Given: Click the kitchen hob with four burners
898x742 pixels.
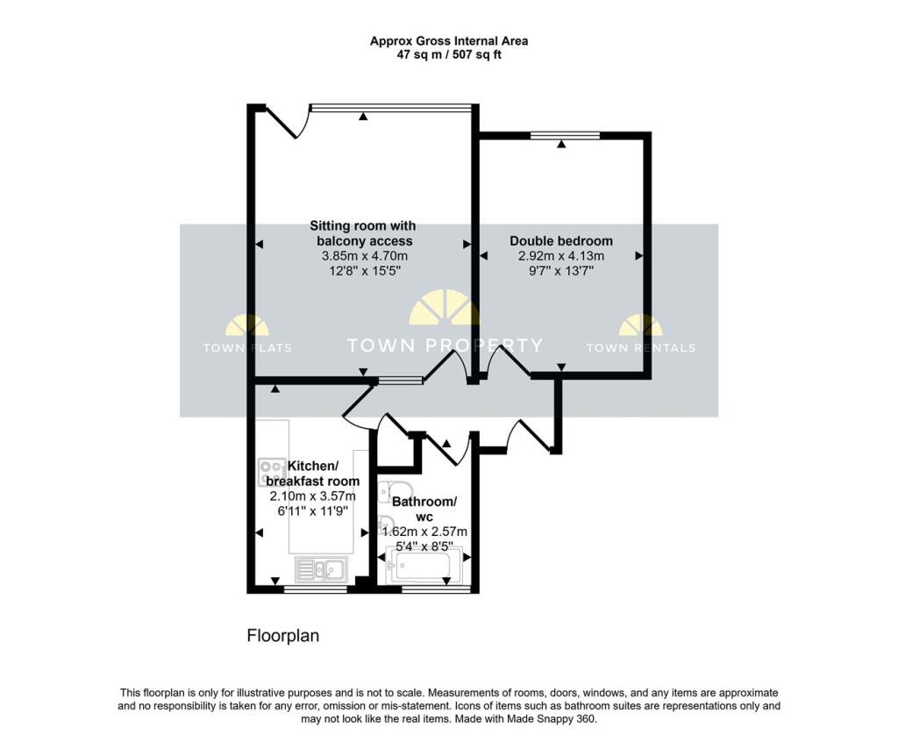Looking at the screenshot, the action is tap(272, 472).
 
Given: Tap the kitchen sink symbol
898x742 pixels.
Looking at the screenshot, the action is tap(321, 569).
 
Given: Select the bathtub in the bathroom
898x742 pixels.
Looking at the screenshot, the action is tap(424, 565).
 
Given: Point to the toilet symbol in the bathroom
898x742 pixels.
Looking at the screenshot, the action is tap(396, 492).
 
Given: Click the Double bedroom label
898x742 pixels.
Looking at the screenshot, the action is tap(561, 240).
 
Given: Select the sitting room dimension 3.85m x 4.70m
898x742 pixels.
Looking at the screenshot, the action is tap(365, 255).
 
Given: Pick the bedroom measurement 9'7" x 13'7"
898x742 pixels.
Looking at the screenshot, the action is tap(561, 270).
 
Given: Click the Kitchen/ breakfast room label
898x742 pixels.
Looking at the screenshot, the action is tap(313, 474).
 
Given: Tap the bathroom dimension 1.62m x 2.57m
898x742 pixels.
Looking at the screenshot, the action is tap(424, 532).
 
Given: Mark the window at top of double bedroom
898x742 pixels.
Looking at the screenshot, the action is tap(565, 135).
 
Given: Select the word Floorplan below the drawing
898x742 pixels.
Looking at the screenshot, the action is tap(283, 635).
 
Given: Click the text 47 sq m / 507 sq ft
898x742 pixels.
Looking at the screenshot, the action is tap(449, 55).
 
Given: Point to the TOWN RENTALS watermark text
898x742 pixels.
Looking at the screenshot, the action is tap(641, 347).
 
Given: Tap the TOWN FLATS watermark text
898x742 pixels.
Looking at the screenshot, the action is tap(247, 347).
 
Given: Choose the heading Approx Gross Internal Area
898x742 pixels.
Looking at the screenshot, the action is tap(449, 40).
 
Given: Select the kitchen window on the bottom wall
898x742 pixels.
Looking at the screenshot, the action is tap(315, 589).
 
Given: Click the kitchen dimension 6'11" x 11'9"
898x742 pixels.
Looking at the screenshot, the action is tap(313, 510).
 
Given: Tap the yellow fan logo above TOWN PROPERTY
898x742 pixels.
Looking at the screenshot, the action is tap(444, 308).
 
